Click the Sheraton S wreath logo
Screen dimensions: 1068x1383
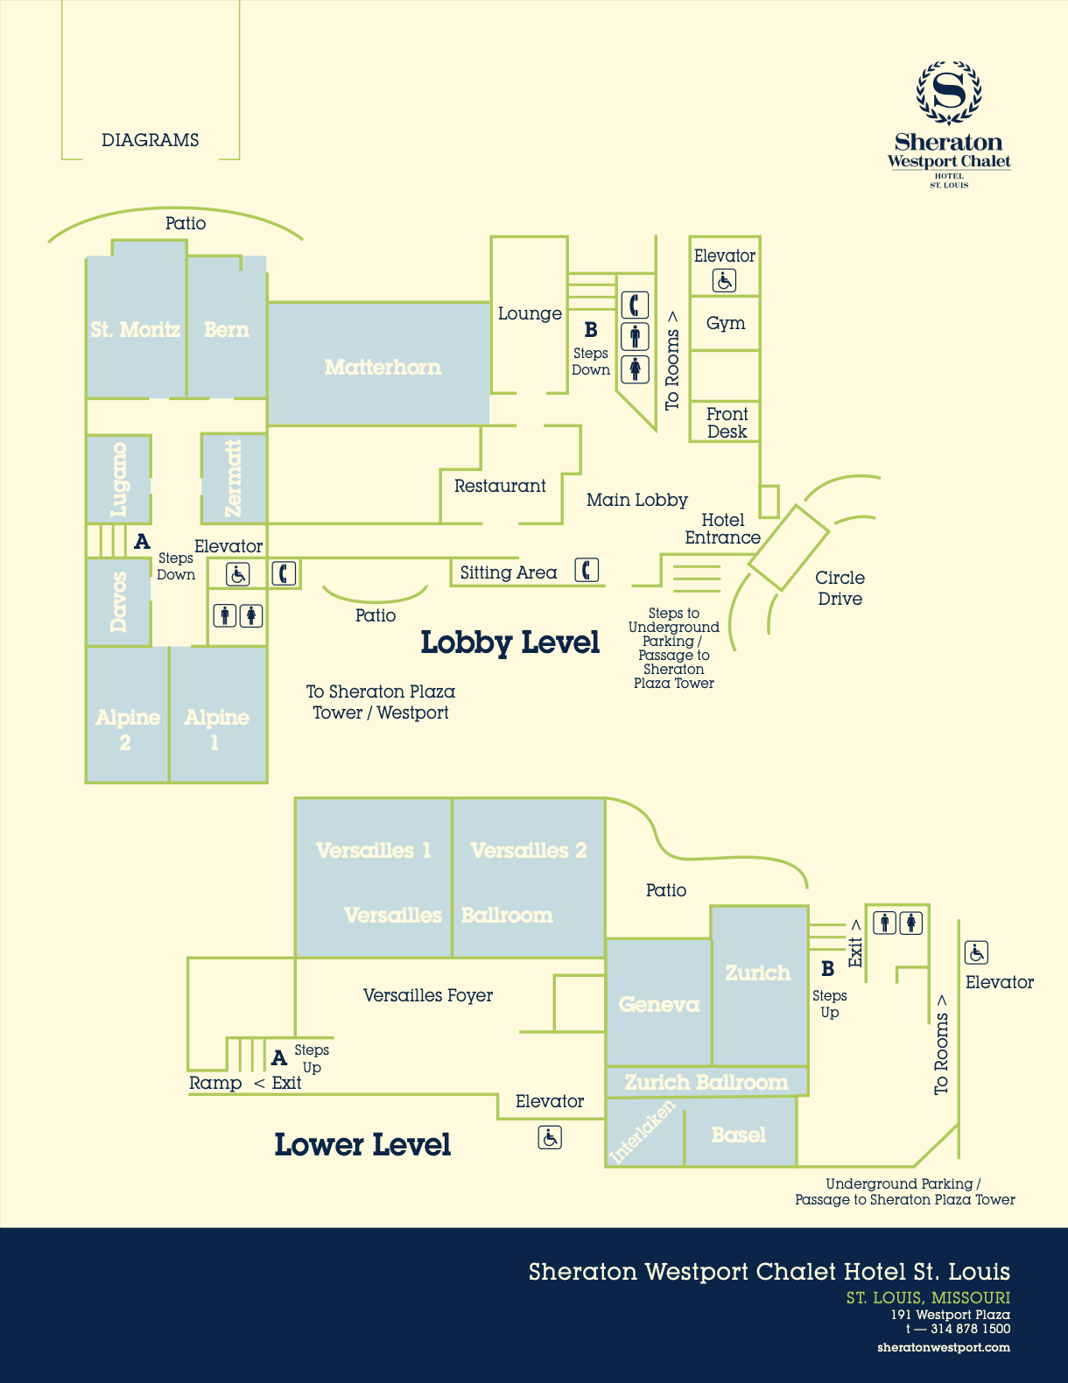[948, 93]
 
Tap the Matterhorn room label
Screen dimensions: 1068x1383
[383, 368]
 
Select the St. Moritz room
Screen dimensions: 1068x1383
[136, 326]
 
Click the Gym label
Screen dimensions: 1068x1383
[726, 323]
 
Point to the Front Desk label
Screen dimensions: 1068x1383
[727, 423]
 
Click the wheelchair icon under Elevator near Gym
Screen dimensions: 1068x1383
[724, 281]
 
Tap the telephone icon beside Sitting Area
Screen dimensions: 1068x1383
[587, 570]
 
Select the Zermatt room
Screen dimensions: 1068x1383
[234, 479]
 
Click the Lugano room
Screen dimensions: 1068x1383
[118, 480]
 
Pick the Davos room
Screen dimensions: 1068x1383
[118, 602]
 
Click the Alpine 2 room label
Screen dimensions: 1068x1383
[127, 729]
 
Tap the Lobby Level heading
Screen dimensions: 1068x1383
[509, 642]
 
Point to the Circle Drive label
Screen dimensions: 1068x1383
[840, 588]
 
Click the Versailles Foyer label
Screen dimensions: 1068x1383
[428, 995]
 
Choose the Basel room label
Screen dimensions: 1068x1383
[738, 1134]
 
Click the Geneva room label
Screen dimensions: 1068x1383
[659, 1004]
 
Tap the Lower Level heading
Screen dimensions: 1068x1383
[362, 1144]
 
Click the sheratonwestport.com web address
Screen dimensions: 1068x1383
[943, 1347]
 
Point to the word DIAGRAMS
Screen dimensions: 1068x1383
[151, 140]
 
